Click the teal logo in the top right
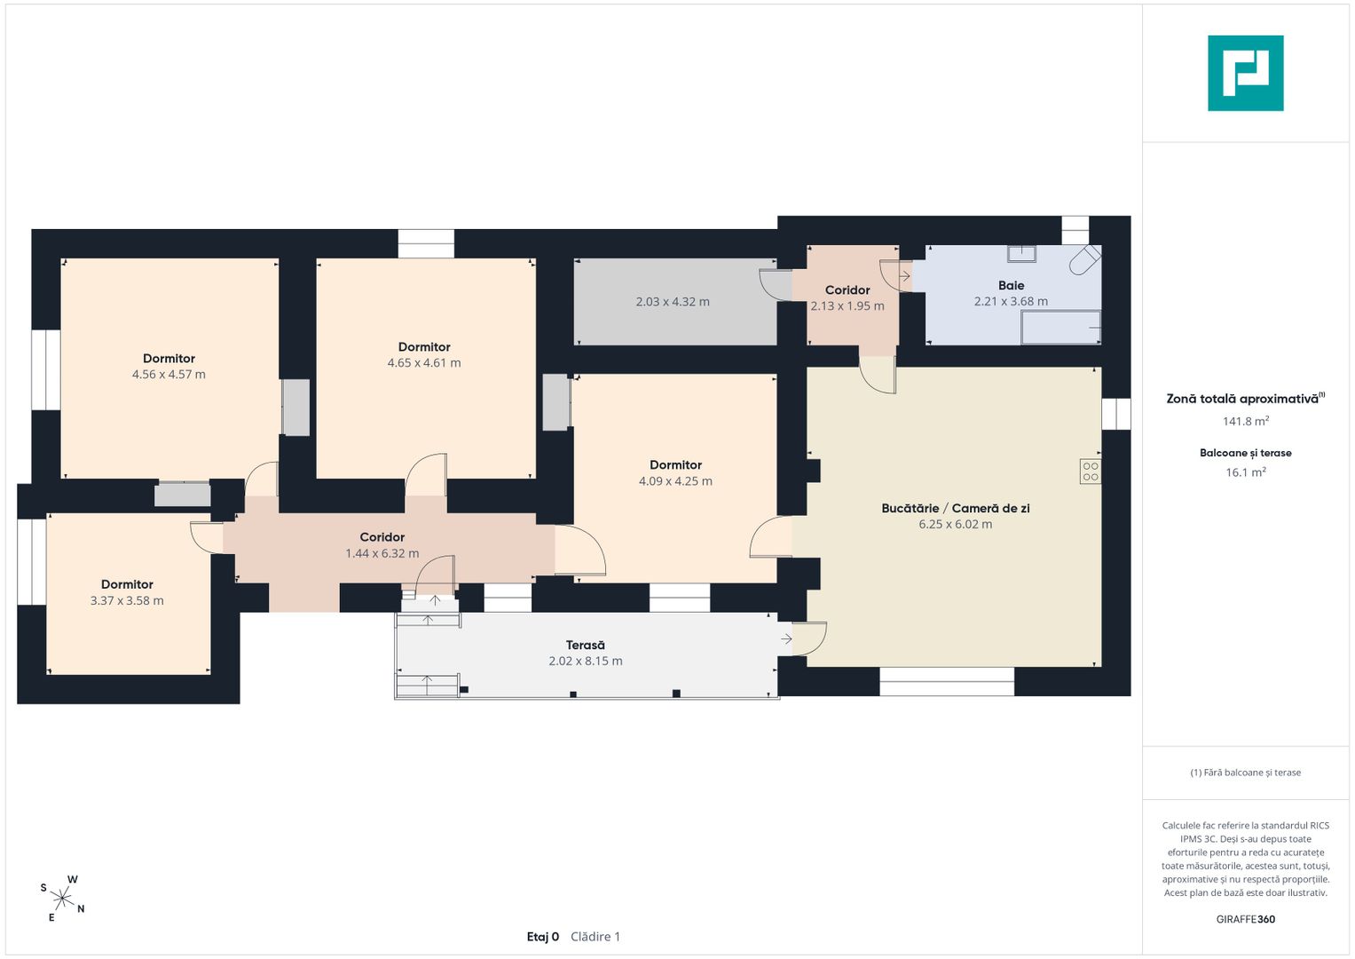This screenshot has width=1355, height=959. [x=1246, y=73]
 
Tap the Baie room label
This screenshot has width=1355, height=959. [x=1011, y=285]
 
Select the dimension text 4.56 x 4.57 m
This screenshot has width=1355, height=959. [x=169, y=374]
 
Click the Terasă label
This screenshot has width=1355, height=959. [x=585, y=645]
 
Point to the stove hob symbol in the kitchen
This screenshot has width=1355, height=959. [x=1090, y=472]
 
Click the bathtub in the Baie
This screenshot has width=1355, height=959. [x=1060, y=328]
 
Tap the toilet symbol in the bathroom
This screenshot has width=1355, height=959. [x=1084, y=260]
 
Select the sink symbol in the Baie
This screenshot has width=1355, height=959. [x=1021, y=253]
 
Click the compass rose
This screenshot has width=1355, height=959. [x=62, y=898]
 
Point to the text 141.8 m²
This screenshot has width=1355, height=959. [x=1246, y=421]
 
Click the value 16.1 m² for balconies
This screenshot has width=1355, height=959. [x=1246, y=472]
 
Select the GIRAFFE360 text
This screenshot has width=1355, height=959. [x=1246, y=919]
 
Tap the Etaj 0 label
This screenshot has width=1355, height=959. [x=542, y=937]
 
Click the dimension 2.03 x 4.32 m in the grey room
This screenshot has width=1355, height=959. [x=672, y=302]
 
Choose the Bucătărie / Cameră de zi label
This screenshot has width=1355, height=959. [x=955, y=509]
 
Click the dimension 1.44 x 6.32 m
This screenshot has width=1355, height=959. [x=382, y=553]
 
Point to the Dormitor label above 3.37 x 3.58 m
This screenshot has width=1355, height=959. [x=127, y=584]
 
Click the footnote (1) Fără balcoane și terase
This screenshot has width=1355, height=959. [x=1246, y=773]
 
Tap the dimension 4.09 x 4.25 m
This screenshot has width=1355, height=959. [x=675, y=481]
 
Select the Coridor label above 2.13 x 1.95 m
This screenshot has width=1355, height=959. [x=847, y=290]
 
